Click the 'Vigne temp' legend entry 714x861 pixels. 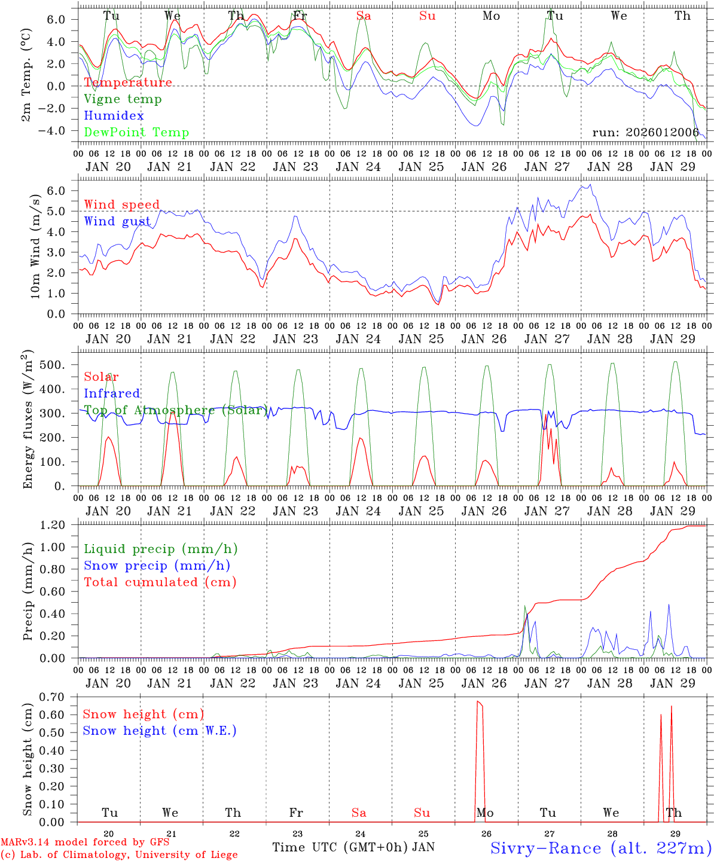[123, 99]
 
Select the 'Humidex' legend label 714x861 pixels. [114, 116]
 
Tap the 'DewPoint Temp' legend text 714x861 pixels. [136, 133]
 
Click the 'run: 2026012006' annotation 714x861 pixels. [645, 133]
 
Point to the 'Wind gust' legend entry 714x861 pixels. [117, 222]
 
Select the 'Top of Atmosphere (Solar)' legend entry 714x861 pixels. [176, 411]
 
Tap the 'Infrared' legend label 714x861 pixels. [112, 393]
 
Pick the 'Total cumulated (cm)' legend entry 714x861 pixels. [160, 582]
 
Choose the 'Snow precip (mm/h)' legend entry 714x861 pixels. [157, 566]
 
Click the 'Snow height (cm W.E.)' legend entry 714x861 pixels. [159, 731]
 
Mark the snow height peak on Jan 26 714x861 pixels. [478, 701]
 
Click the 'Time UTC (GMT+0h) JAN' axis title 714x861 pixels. [353, 847]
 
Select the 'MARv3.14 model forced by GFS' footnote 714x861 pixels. [85, 842]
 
